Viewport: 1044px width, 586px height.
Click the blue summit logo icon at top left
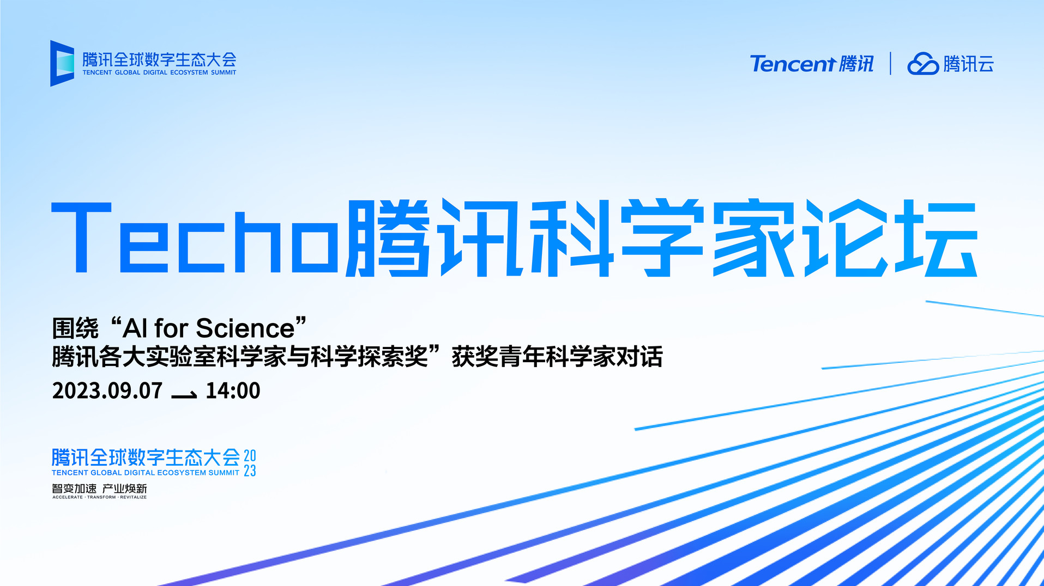pos(62,63)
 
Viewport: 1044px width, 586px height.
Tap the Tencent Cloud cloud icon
pos(922,64)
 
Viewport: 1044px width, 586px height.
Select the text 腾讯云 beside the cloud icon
pos(969,64)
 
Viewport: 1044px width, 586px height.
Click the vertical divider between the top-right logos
pos(890,63)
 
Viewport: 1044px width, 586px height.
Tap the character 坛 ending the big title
pos(937,237)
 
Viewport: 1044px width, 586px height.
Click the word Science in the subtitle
pos(245,328)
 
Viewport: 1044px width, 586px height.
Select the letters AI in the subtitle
pos(135,328)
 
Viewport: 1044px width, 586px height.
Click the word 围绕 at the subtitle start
pos(75,328)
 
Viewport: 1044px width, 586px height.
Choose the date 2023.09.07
pos(107,390)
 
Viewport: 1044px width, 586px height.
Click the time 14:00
pos(233,390)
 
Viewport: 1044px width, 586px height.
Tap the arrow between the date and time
pos(184,395)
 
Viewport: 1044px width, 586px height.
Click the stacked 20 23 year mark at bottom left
pos(250,463)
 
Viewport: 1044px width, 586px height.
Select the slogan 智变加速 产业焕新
pos(99,489)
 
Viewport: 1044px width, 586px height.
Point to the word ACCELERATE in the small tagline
pos(68,497)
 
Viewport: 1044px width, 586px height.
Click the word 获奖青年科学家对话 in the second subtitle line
pos(557,357)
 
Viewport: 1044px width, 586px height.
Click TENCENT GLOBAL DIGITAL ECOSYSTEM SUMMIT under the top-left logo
pos(159,72)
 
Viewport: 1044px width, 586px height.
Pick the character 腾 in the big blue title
pos(388,237)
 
